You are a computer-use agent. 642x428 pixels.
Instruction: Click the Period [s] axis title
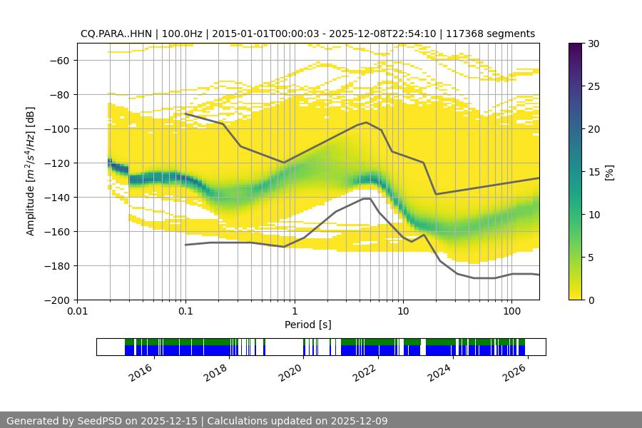coord(308,325)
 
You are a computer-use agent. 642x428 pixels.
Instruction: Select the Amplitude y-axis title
coord(31,171)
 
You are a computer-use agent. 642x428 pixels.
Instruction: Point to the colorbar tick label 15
coord(591,172)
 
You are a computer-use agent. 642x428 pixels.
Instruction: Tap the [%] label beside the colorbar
coord(608,172)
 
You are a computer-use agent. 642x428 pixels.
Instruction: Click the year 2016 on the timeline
coord(141,372)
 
